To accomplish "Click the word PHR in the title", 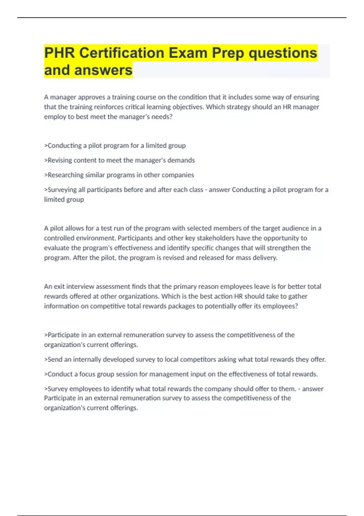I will point(59,53).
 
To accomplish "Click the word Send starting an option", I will point(55,359).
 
